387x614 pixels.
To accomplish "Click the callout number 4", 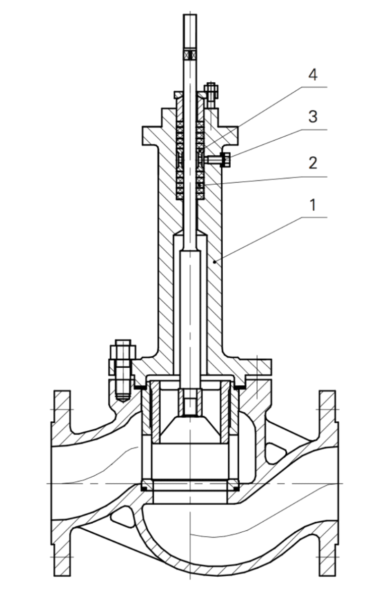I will [313, 75].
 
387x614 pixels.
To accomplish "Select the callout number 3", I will [313, 117].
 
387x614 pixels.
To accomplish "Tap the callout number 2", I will [313, 163].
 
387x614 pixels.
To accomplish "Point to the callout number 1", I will [313, 205].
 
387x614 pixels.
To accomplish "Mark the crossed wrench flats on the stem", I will [190, 54].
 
